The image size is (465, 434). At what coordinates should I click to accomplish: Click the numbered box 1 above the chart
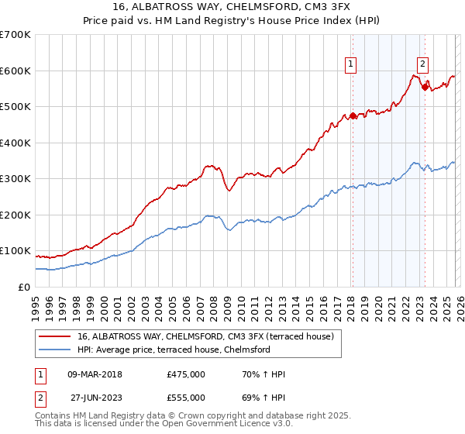(x=351, y=65)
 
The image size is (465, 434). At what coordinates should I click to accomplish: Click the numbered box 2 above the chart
(x=423, y=65)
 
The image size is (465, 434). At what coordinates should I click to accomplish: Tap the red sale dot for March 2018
(x=352, y=116)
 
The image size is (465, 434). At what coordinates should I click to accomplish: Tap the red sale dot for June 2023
(x=425, y=88)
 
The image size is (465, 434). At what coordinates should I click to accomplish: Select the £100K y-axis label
(x=15, y=251)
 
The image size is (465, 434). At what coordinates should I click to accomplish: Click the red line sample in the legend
(x=57, y=336)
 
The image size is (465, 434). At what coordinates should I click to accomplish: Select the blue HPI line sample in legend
(x=57, y=350)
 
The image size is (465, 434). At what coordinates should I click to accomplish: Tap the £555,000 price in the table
(x=186, y=398)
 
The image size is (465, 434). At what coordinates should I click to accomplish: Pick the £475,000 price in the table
(x=186, y=374)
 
